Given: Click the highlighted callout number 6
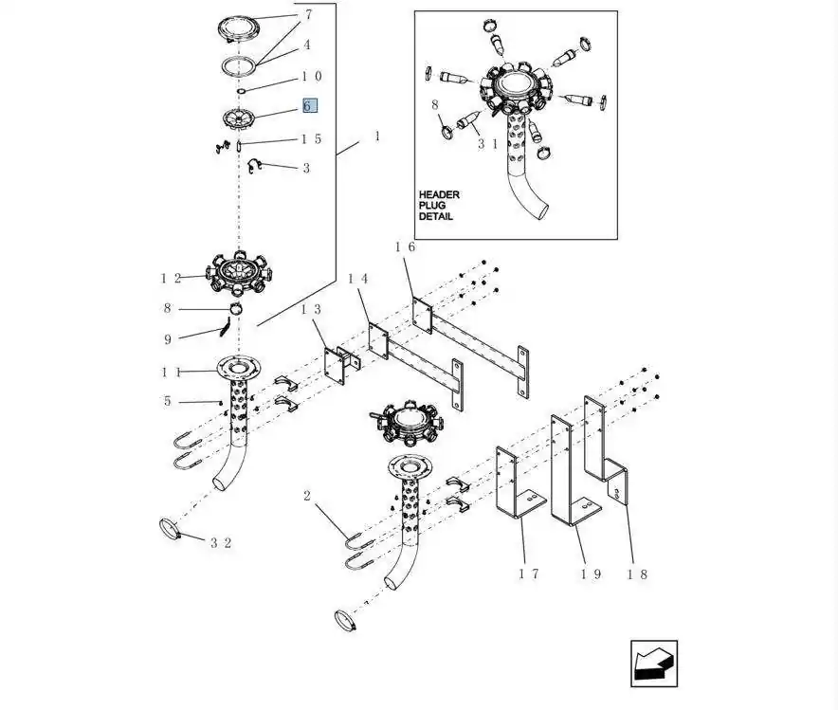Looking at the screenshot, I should pos(308,106).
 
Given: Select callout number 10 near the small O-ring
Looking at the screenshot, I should pos(312,77).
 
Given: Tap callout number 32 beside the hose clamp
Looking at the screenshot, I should pos(221,543).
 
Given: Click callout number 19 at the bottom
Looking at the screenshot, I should pos(591,574).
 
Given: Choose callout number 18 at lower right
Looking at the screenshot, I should pos(637,574).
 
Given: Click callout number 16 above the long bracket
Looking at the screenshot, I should pos(406,247).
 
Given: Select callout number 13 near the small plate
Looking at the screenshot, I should pos(311,310).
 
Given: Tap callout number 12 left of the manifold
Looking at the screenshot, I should pos(171,278).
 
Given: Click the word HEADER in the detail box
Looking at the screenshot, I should pos(439,194).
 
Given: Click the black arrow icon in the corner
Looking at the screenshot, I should pos(654,664).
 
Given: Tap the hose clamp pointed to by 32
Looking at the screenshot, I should pos(171,528).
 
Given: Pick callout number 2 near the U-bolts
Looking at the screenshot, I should pos(307,496).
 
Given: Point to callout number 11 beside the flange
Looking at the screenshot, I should pos(171,372).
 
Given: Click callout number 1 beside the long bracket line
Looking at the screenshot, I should pos(377,137).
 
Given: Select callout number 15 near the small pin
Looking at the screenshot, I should pos(312,139).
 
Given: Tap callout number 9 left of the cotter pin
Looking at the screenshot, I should pos(168,338).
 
